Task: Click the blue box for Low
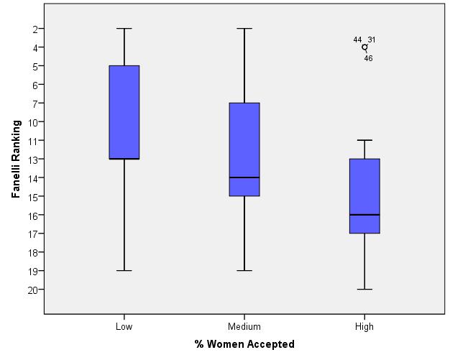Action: pos(124,112)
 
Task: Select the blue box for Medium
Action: pos(244,149)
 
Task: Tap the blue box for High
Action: pos(364,195)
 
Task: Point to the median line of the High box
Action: pos(364,215)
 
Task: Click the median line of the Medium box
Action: pos(244,177)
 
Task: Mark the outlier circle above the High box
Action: pos(364,47)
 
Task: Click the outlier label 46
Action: pos(368,58)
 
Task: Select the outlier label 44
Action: pos(357,40)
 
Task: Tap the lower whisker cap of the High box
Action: pos(364,289)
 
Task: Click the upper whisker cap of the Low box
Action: pos(124,29)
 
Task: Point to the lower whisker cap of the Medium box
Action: pos(244,270)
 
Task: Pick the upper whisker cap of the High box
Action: pos(364,140)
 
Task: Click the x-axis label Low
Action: pos(124,327)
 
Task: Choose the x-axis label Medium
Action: pos(244,327)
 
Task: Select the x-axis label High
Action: pos(364,327)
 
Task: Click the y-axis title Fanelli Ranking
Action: pos(15,160)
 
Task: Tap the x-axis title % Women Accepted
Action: pos(244,344)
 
